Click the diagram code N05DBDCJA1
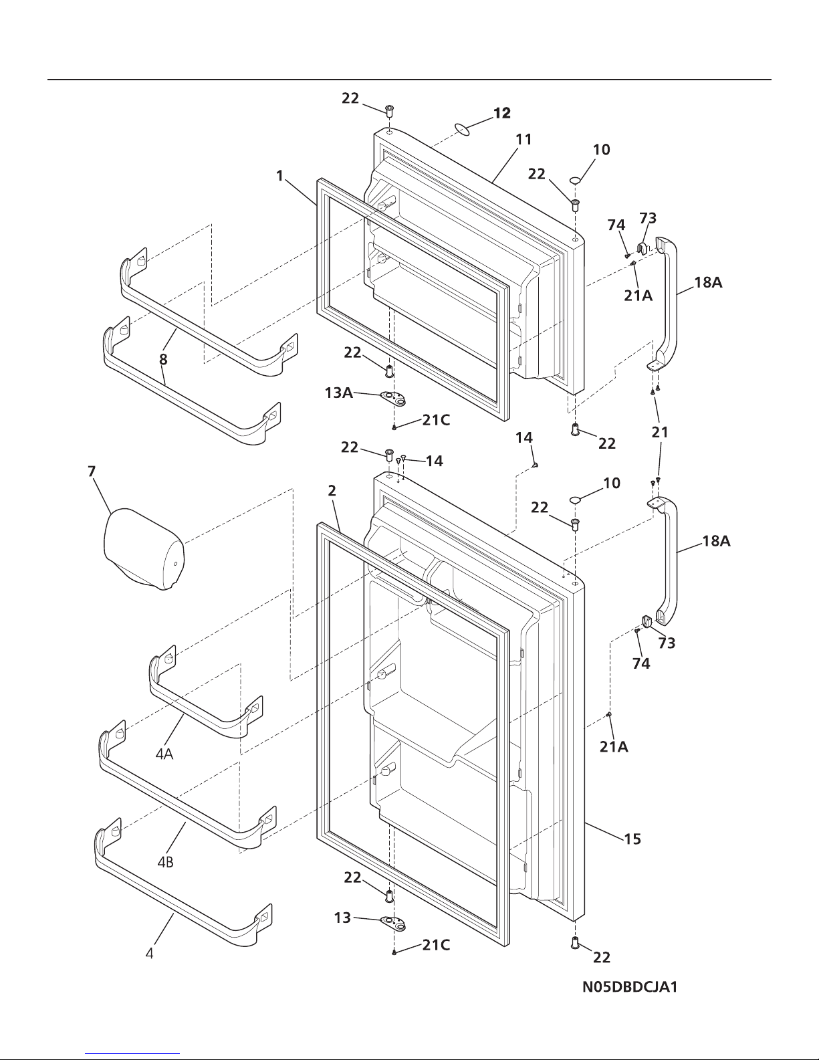(x=630, y=987)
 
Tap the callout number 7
(x=92, y=471)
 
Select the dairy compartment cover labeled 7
(x=144, y=549)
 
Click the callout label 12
(x=502, y=113)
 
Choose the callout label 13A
(x=339, y=393)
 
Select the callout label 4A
(x=164, y=754)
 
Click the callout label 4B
(x=165, y=862)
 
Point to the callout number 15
(x=632, y=839)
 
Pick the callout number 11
(x=523, y=140)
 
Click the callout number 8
(x=163, y=360)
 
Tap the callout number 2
(x=332, y=491)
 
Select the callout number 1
(x=280, y=176)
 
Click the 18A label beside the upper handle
(x=708, y=282)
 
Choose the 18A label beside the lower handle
(x=716, y=541)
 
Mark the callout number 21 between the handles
(x=660, y=432)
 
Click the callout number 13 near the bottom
(x=342, y=918)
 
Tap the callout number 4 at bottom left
(x=150, y=953)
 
